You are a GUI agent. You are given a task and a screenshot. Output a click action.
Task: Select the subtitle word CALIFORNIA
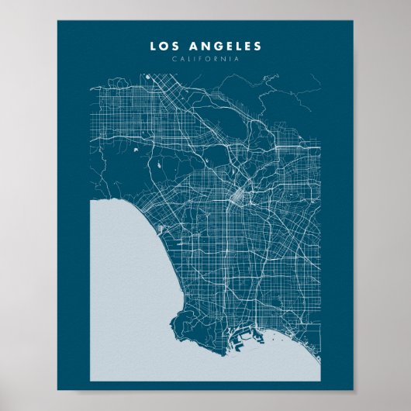205,59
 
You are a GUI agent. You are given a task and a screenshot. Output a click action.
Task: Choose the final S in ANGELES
258,47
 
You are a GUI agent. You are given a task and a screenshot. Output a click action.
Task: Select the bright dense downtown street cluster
235,195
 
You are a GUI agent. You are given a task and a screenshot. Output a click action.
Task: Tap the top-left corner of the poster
57,21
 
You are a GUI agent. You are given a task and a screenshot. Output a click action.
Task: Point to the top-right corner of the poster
353,21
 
